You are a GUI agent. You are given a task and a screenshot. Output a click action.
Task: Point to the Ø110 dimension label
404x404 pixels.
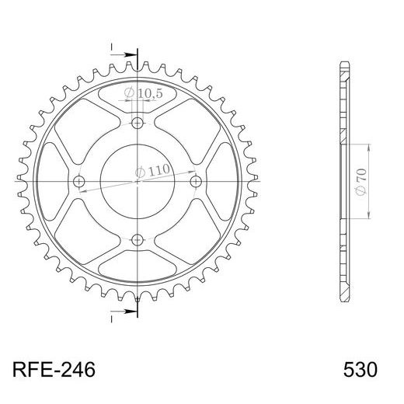coord(152,170)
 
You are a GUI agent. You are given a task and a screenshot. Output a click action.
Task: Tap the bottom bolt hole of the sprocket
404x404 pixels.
coord(138,239)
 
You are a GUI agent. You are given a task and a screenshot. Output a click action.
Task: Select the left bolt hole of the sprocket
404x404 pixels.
coord(80,181)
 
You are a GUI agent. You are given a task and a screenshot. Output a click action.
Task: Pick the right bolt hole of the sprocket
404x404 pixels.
coord(196,181)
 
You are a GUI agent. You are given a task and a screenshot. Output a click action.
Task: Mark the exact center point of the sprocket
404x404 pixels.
coord(138,181)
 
